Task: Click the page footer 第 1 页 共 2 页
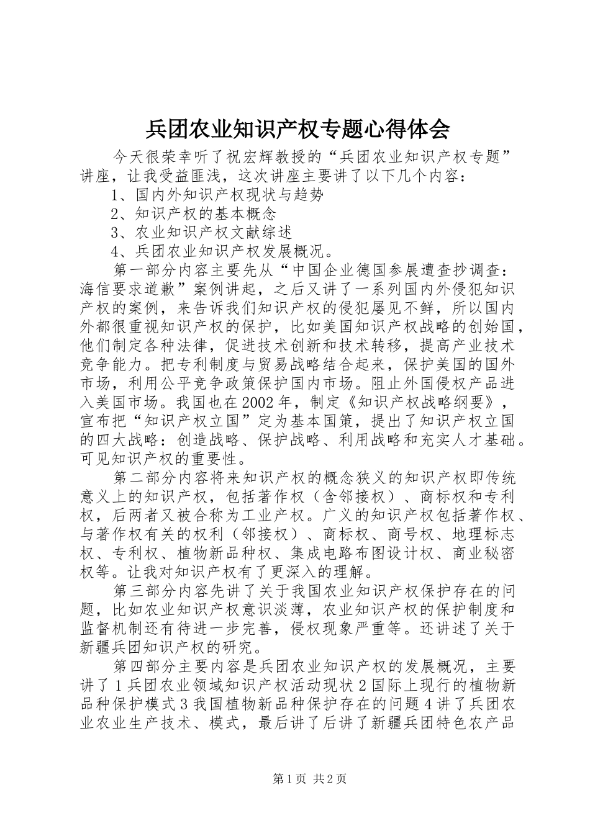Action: click(309, 778)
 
